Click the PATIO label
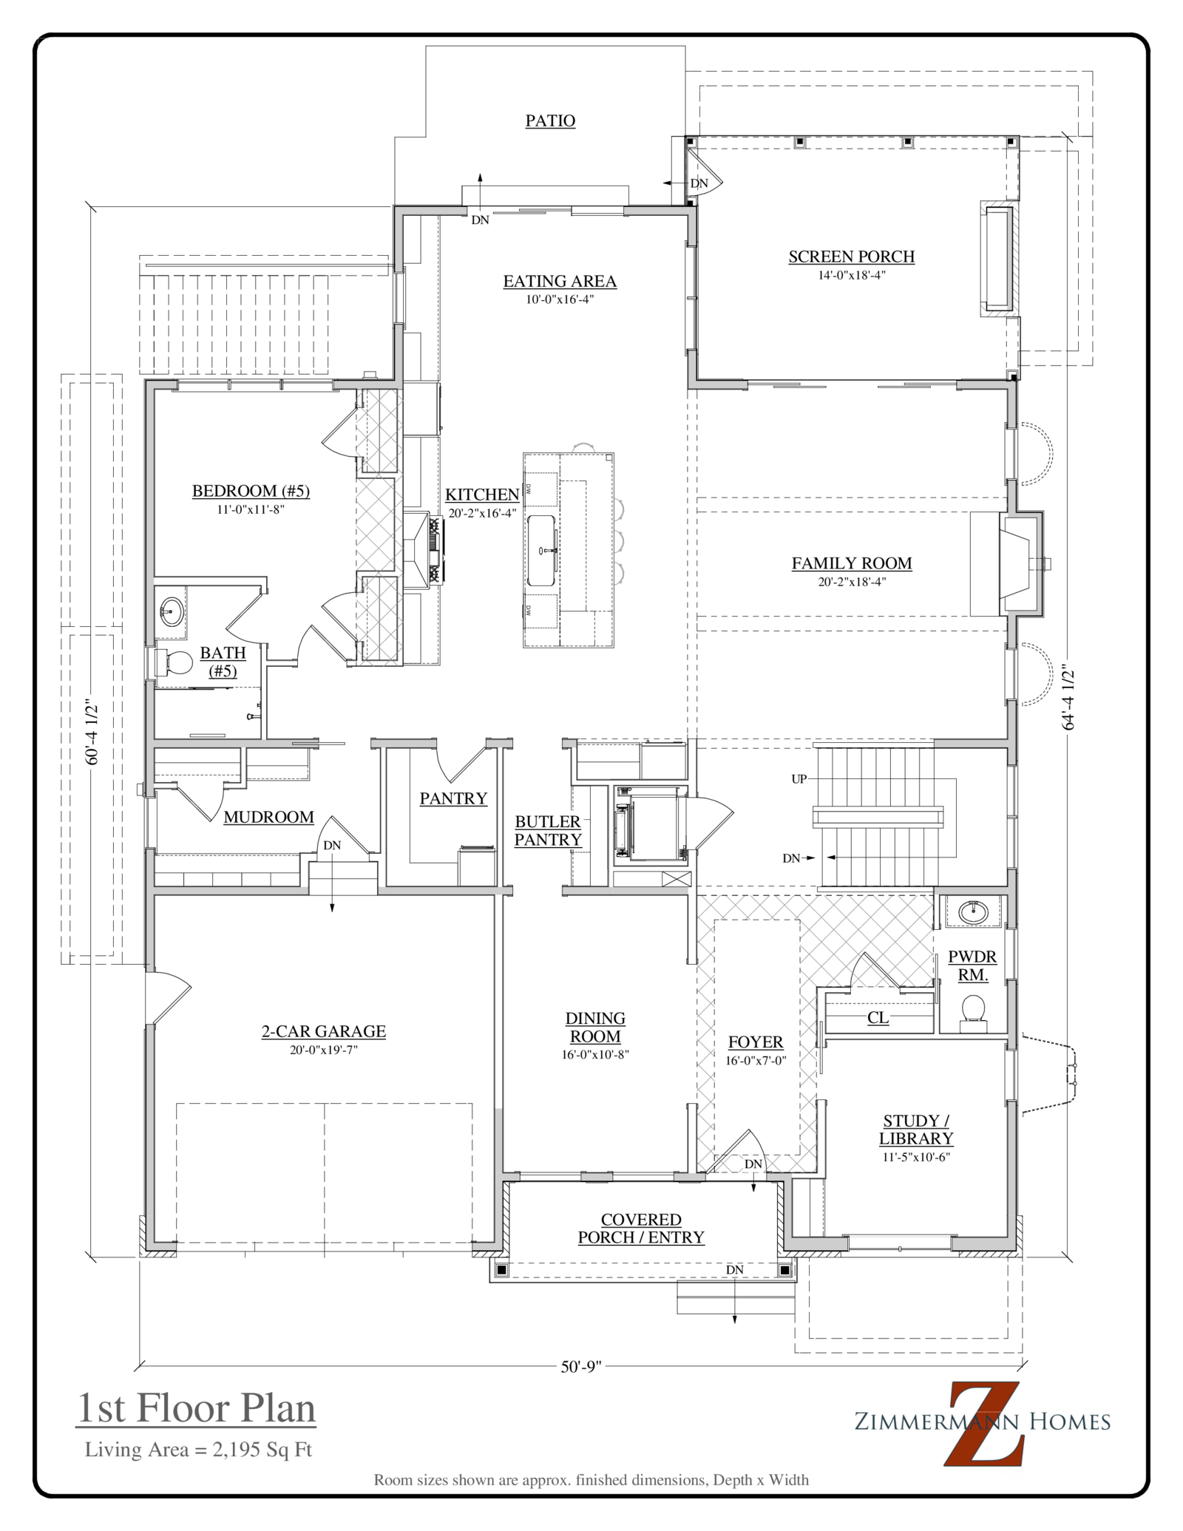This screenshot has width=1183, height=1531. [x=550, y=120]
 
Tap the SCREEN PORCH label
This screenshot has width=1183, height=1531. [x=851, y=257]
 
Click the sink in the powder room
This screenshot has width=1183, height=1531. [x=974, y=912]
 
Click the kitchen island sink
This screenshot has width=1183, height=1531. [x=542, y=551]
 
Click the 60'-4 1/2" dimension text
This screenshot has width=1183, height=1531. [x=92, y=732]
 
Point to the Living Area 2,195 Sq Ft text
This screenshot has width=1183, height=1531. [x=198, y=1450]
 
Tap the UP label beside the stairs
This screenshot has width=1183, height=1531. [x=799, y=778]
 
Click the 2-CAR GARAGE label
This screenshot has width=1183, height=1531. [x=324, y=1031]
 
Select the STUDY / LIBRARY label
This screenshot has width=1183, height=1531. [x=916, y=1130]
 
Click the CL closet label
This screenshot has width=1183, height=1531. [x=878, y=1018]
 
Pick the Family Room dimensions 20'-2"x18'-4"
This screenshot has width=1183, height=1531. [x=852, y=582]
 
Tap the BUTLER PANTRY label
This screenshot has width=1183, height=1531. [x=548, y=830]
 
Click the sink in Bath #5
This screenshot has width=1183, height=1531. [x=172, y=611]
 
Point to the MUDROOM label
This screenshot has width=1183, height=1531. [x=268, y=817]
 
